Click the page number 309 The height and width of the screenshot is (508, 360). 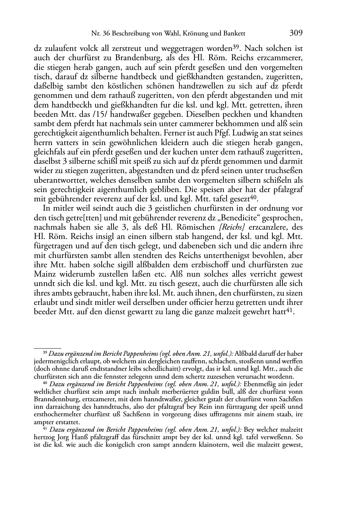296,33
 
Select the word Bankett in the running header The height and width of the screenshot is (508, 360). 233,34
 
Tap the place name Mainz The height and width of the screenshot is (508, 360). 46,274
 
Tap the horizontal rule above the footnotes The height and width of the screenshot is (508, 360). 47,347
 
